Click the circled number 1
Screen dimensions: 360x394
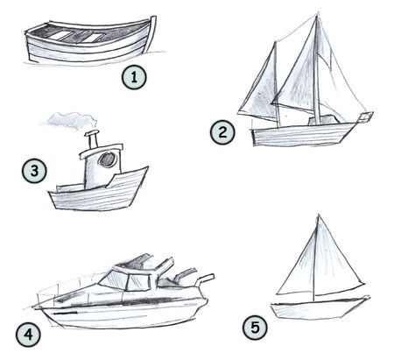coord(133,78)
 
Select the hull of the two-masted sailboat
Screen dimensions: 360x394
coord(302,132)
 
